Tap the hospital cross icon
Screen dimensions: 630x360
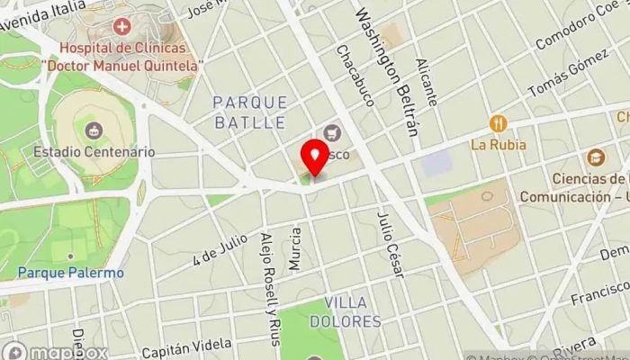(121, 28)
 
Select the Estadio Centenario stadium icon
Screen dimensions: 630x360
(93, 131)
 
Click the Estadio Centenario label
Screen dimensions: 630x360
(94, 152)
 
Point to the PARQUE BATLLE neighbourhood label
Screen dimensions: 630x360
(251, 112)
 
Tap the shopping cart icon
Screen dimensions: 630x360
(333, 133)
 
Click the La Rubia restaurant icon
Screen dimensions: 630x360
(498, 123)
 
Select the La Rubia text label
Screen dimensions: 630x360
(498, 144)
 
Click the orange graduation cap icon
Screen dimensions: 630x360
(595, 157)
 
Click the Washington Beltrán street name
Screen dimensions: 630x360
(388, 72)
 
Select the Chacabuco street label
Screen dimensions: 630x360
(355, 76)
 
